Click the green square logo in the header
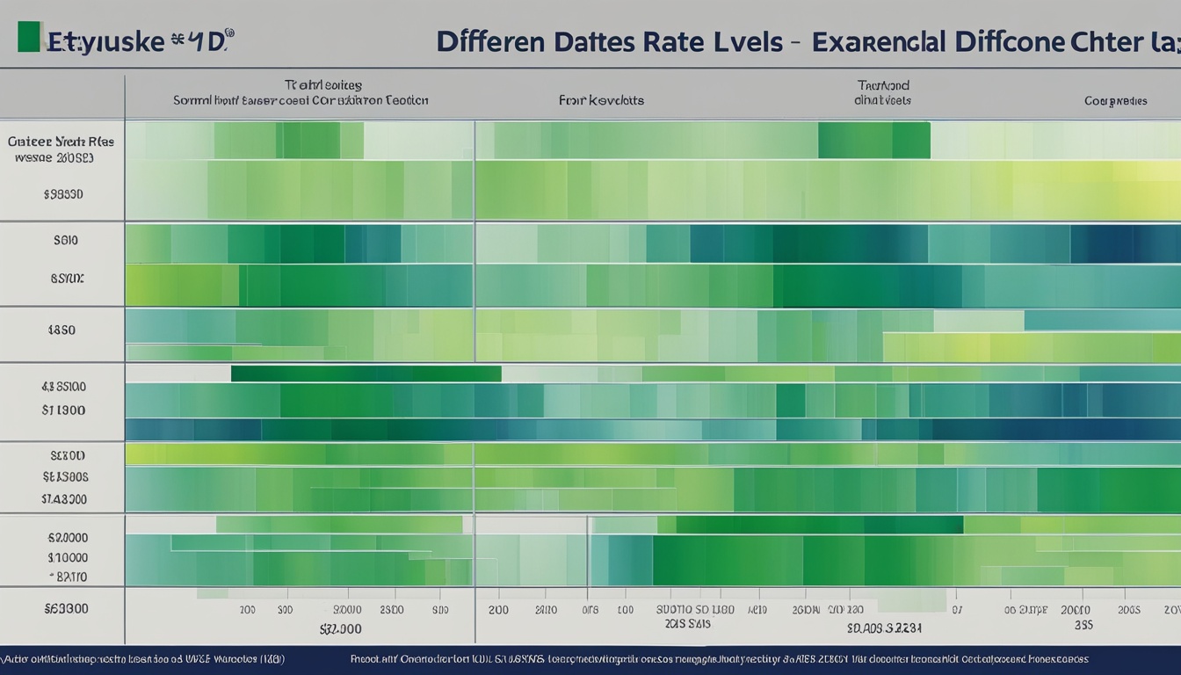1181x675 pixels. tap(29, 37)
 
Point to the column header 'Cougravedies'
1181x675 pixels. tap(1115, 101)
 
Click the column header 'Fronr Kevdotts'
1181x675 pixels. tap(601, 100)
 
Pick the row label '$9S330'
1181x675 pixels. tap(63, 194)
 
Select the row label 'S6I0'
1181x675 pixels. tap(65, 240)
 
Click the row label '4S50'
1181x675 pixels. tap(62, 330)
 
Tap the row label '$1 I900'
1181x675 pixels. tap(63, 410)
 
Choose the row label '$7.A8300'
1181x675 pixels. tap(64, 498)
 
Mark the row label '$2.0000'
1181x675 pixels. tap(67, 537)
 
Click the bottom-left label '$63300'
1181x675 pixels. tap(67, 607)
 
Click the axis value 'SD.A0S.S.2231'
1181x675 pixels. tap(884, 628)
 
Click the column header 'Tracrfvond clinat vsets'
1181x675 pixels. tap(882, 93)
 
